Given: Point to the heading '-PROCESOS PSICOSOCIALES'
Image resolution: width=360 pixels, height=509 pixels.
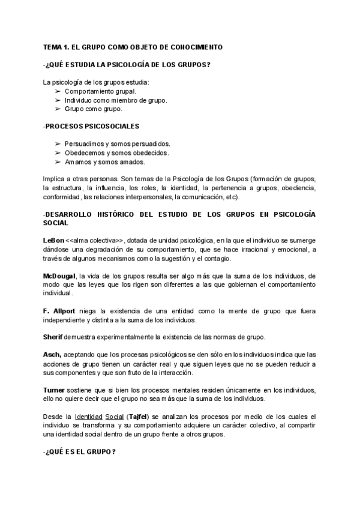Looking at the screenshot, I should (x=91, y=126).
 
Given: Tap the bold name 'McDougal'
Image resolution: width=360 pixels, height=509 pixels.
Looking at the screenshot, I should (x=59, y=276).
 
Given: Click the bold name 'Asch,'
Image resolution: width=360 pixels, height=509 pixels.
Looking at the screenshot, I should (x=52, y=355).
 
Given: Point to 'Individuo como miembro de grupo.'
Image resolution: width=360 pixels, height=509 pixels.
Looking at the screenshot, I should (x=116, y=100).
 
